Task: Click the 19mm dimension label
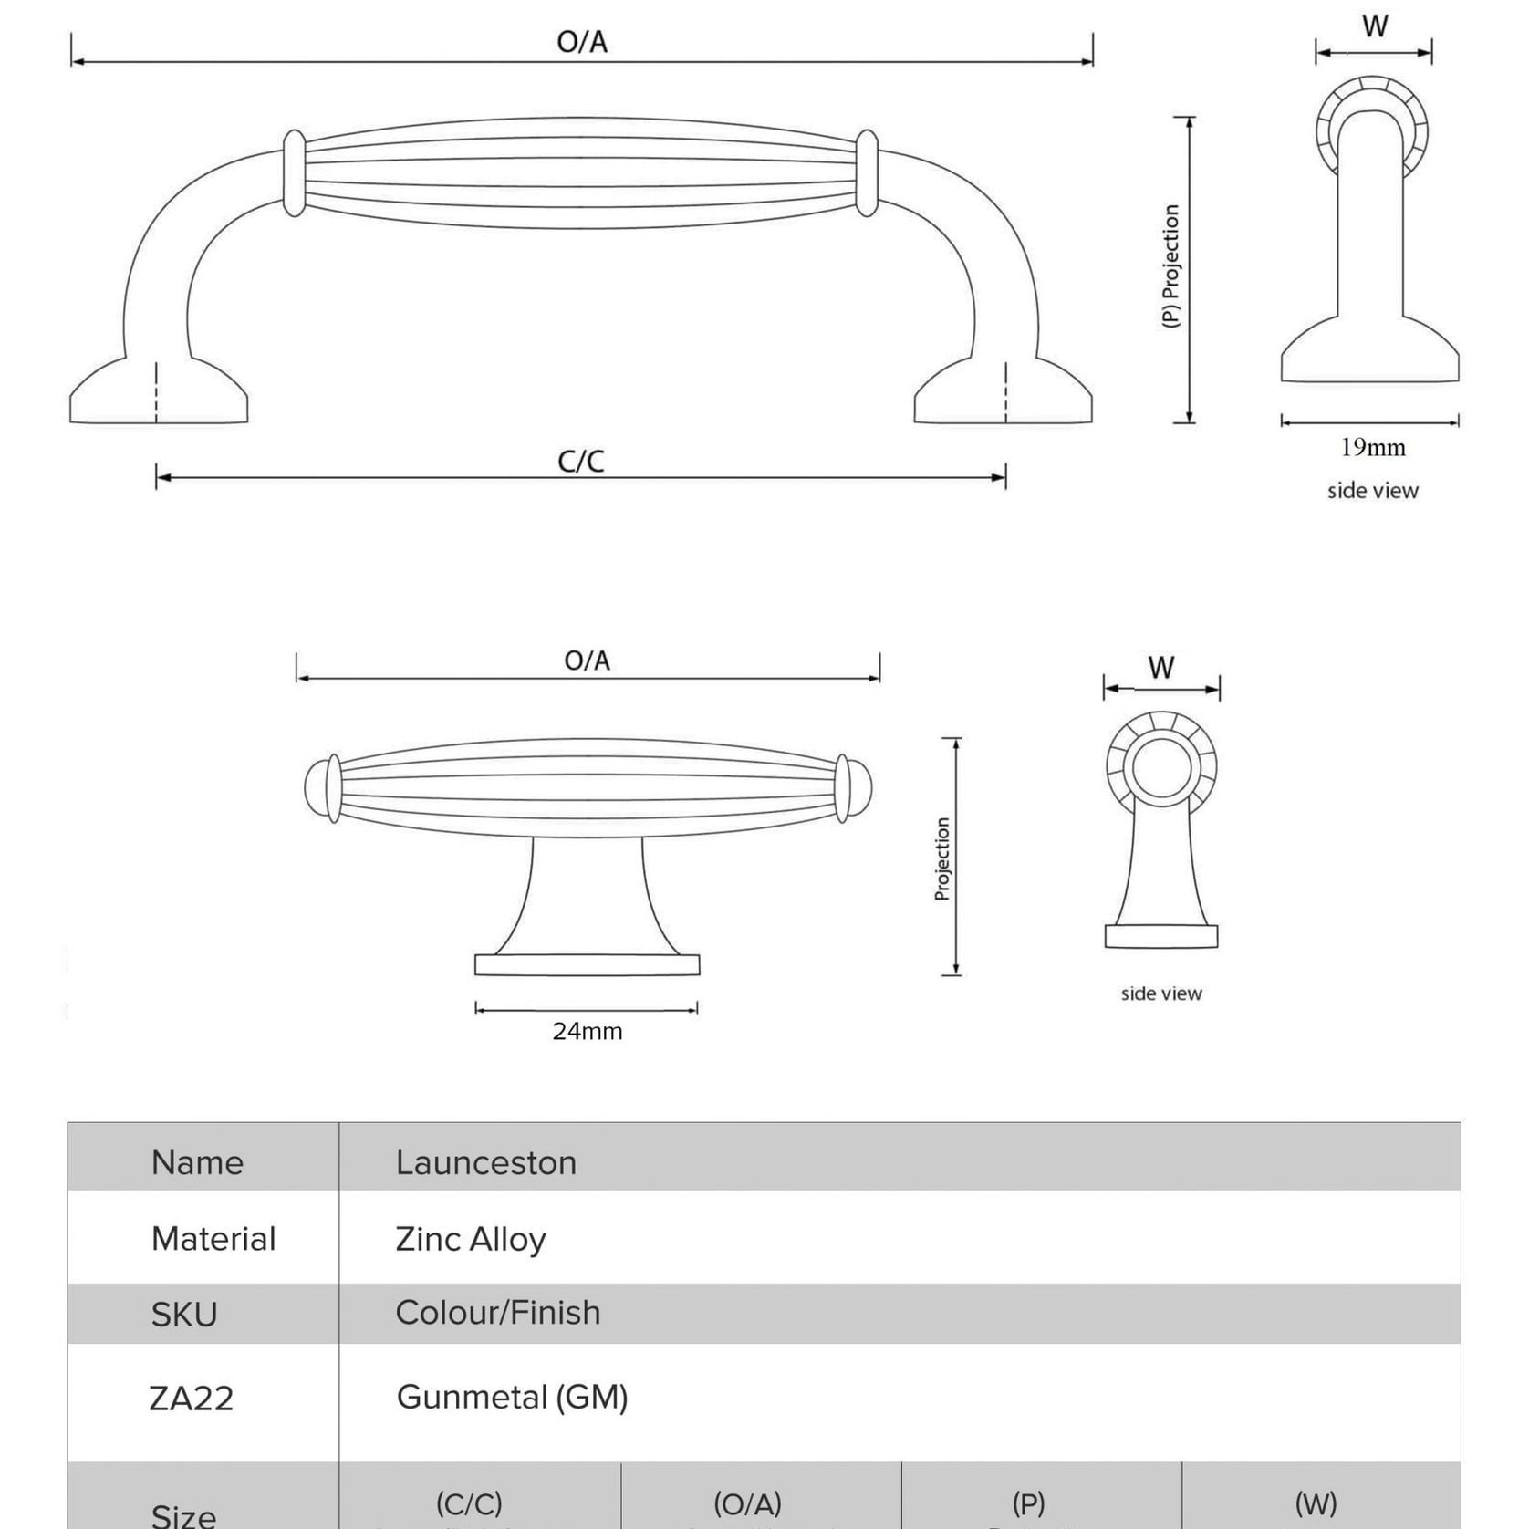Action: (1372, 448)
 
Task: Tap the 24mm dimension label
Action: (587, 1032)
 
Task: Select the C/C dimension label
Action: (581, 462)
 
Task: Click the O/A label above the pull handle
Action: (582, 42)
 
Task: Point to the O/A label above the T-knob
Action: (587, 660)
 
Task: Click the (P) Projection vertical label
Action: (1171, 266)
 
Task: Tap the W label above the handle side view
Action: (1375, 26)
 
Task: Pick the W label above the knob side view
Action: (1160, 668)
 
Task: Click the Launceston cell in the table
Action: (485, 1162)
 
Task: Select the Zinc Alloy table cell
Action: (470, 1239)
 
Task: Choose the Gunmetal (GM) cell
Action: (512, 1397)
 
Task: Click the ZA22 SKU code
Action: (192, 1398)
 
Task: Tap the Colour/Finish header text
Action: (497, 1313)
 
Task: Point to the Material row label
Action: (213, 1239)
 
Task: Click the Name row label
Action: (197, 1162)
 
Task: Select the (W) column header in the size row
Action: (1316, 1503)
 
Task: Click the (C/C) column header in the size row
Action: (469, 1503)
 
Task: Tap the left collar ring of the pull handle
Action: (294, 173)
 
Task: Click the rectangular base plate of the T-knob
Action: (587, 965)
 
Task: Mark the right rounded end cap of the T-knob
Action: (860, 787)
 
